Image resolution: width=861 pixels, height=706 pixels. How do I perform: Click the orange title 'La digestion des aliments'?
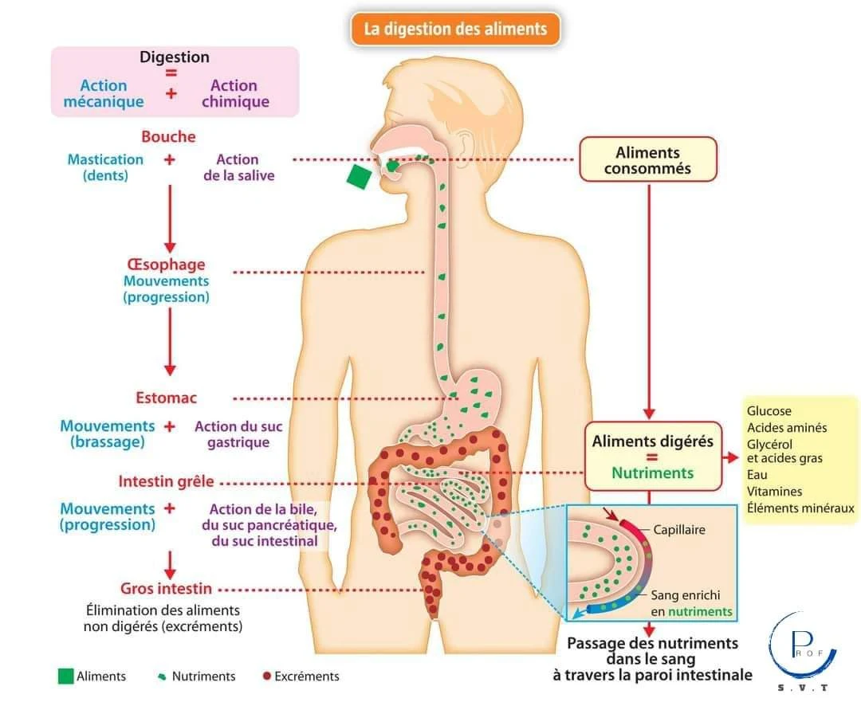[x=455, y=29]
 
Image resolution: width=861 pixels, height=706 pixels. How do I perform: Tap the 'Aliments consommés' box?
[x=647, y=159]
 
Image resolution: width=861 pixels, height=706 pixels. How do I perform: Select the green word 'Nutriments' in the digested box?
[x=652, y=473]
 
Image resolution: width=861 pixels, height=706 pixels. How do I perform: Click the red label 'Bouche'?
[x=168, y=137]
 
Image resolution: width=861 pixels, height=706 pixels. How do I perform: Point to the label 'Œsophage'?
[x=166, y=265]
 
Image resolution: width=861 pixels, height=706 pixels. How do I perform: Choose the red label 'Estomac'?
[x=166, y=398]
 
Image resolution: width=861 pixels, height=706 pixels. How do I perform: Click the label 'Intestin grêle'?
[x=166, y=482]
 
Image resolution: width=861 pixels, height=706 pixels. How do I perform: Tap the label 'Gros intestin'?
[x=166, y=589]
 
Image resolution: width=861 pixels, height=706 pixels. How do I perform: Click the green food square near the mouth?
[x=360, y=176]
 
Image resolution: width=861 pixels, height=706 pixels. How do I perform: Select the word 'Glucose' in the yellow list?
[x=769, y=411]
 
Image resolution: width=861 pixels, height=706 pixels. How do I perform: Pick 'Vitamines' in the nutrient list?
[x=774, y=492]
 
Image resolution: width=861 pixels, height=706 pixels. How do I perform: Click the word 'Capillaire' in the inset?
[x=679, y=529]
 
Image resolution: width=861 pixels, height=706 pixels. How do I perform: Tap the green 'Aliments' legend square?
[x=65, y=676]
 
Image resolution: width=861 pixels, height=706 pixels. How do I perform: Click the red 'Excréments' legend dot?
[x=266, y=677]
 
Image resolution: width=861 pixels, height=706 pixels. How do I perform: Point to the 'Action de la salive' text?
[x=238, y=167]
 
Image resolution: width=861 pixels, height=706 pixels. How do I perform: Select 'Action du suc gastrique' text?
[x=238, y=434]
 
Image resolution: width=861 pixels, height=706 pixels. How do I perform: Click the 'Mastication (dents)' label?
[x=105, y=167]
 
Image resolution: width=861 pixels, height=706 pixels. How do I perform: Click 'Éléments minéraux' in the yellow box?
[x=800, y=508]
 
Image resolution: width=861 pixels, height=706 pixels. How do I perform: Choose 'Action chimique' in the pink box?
[x=235, y=93]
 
